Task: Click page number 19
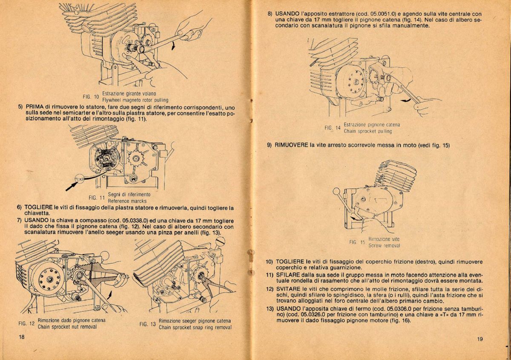coord(480,339)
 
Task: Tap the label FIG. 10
coord(91,97)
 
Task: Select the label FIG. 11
coord(97,198)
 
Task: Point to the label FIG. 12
coord(26,324)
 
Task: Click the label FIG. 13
coord(147,324)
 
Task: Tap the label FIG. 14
coord(333,128)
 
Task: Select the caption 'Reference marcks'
coord(127,201)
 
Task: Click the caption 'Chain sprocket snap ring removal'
coord(195,328)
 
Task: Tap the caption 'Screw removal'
coord(384,245)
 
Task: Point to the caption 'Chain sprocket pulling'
coord(367,131)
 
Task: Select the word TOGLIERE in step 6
coord(39,208)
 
